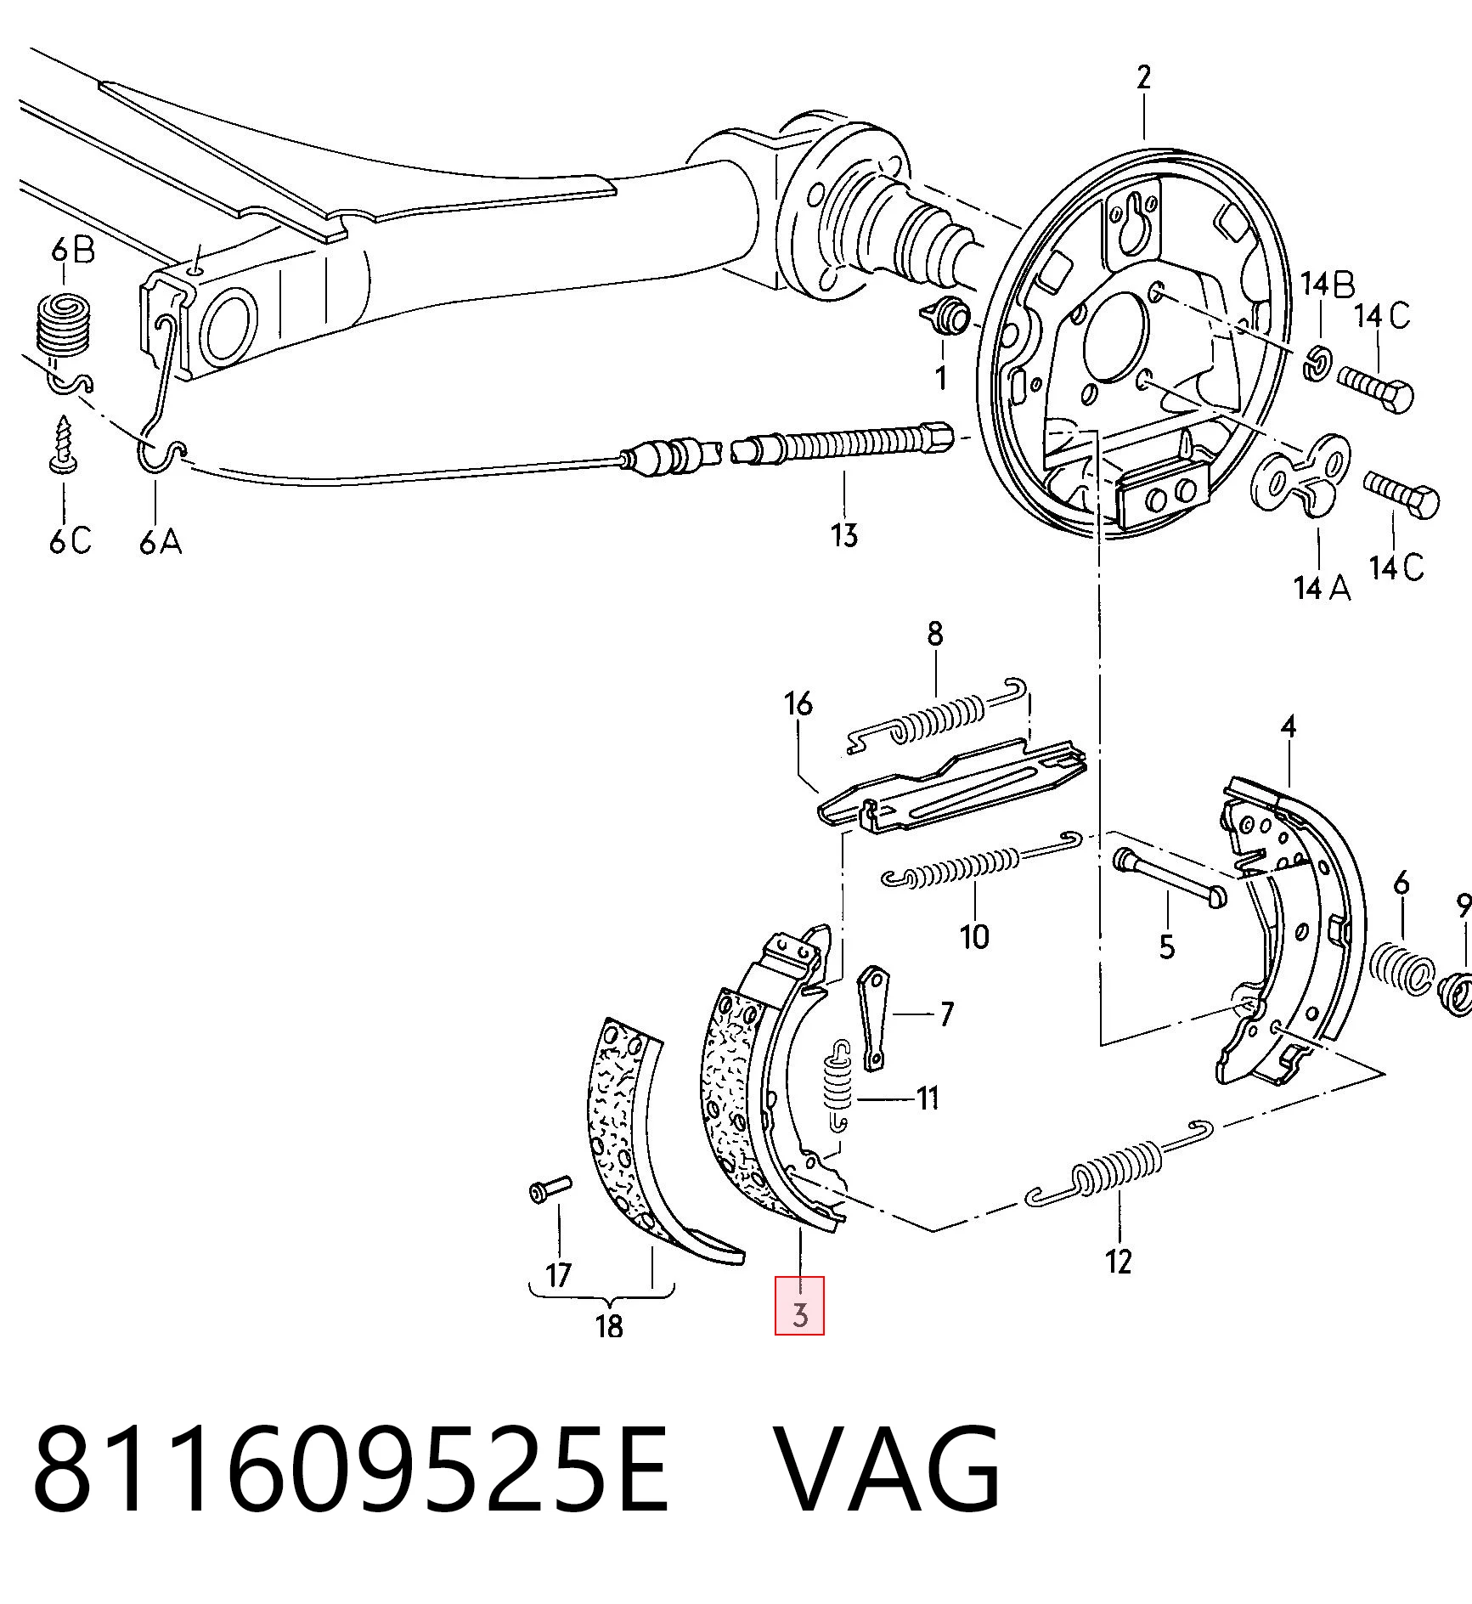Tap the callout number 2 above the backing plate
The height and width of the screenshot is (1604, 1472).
pos(1143,77)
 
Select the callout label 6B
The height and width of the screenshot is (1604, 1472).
pos(73,252)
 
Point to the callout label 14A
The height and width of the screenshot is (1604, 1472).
pos(1322,587)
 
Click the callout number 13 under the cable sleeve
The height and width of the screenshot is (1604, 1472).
pos(844,535)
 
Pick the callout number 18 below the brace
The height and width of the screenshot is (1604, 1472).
pos(610,1325)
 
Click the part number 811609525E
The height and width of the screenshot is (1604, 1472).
pos(351,1471)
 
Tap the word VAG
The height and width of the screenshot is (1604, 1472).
pos(888,1471)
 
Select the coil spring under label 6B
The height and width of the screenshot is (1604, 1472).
pos(65,323)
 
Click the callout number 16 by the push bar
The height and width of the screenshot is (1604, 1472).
pos(798,703)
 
